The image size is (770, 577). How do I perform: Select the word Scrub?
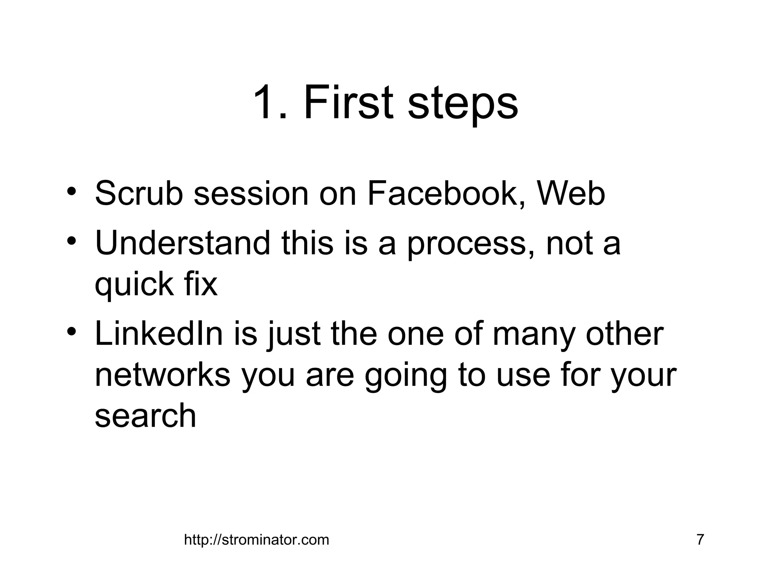(x=138, y=194)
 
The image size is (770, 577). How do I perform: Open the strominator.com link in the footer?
(x=256, y=540)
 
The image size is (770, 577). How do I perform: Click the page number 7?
(x=700, y=539)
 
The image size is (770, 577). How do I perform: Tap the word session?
(x=251, y=194)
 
